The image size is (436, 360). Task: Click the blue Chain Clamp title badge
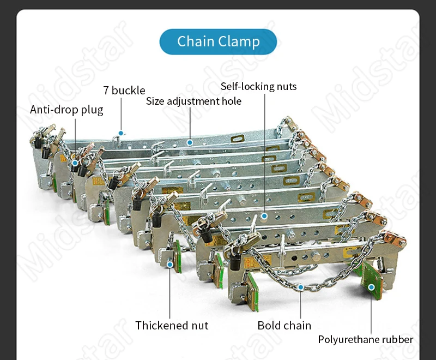point(218,41)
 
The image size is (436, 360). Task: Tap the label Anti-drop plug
point(66,110)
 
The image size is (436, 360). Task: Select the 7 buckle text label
point(124,90)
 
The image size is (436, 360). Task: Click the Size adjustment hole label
point(193,101)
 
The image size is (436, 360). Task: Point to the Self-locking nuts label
point(258,86)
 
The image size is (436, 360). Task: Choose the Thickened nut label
point(172,325)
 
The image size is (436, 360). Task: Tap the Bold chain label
point(284,325)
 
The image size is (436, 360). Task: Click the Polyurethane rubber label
point(366,339)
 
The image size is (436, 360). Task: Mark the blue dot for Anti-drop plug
point(75,163)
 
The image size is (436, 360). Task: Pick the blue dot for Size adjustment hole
point(190,142)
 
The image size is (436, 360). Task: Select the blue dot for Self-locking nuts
point(264,216)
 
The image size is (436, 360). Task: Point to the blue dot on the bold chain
point(301,286)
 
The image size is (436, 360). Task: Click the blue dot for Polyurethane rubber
point(371,287)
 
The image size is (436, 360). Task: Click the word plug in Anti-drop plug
point(92,110)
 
